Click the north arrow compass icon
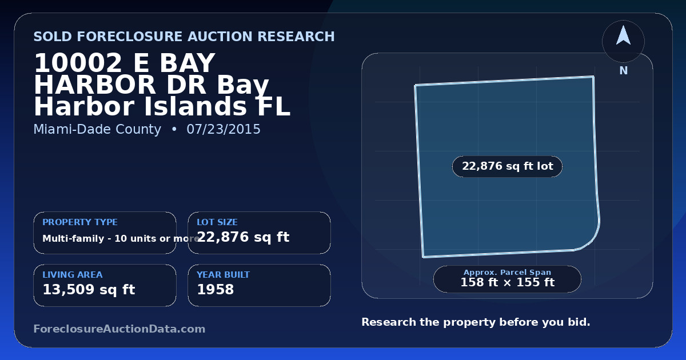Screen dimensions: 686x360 [x=623, y=41]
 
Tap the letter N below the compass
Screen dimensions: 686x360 [x=624, y=71]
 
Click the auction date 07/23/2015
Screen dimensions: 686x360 [x=224, y=129]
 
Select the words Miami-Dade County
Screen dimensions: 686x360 [x=97, y=129]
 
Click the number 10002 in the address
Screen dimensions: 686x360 [x=78, y=63]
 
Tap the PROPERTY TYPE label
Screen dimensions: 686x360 [x=80, y=222]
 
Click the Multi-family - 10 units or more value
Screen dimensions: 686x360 [x=121, y=238]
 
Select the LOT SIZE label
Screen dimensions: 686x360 [x=217, y=222]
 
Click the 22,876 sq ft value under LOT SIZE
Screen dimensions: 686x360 [x=243, y=237]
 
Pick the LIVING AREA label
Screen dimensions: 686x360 [x=73, y=275]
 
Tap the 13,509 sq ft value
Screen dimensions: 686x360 [x=89, y=290]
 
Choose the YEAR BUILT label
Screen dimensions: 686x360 [x=224, y=275]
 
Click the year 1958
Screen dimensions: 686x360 [x=216, y=290]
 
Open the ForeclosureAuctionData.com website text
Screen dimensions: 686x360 [x=119, y=329]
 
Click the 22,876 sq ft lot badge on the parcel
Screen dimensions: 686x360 [x=508, y=166]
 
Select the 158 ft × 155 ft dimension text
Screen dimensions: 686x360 [x=508, y=282]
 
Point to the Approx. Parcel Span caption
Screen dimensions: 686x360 [x=508, y=272]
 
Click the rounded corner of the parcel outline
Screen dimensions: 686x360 [x=592, y=239]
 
